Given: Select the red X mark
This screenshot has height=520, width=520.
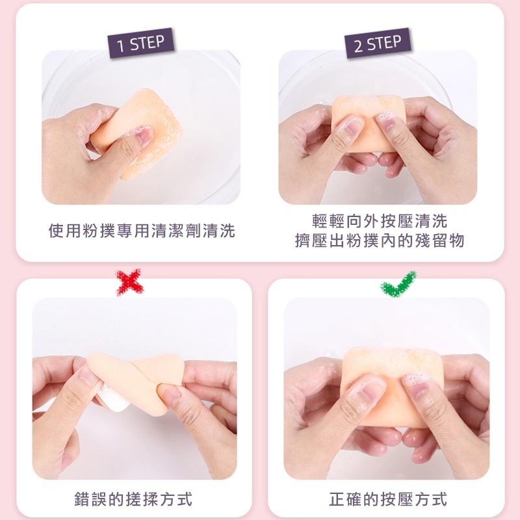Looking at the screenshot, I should tap(130, 281).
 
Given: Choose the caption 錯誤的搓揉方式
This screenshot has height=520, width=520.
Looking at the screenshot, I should tap(133, 500).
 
